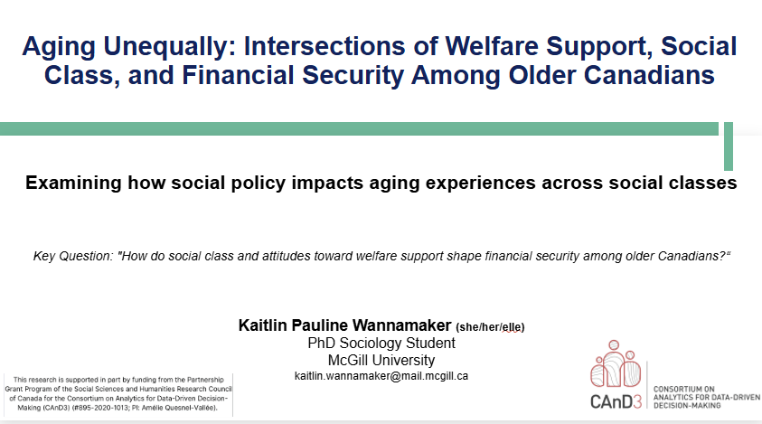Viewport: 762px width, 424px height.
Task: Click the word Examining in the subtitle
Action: (73, 184)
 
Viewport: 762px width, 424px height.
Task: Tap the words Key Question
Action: (73, 256)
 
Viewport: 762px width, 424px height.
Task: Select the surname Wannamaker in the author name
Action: (401, 325)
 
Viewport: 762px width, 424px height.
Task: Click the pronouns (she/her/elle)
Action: (490, 327)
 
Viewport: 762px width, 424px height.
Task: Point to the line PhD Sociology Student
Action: (381, 344)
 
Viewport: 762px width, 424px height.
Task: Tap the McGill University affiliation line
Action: (381, 361)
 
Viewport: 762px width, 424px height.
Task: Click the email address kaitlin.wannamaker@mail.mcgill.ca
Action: (381, 376)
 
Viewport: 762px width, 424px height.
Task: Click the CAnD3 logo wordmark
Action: (616, 401)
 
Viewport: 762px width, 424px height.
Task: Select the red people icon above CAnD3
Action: (616, 363)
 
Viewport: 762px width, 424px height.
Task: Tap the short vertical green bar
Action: (728, 146)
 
